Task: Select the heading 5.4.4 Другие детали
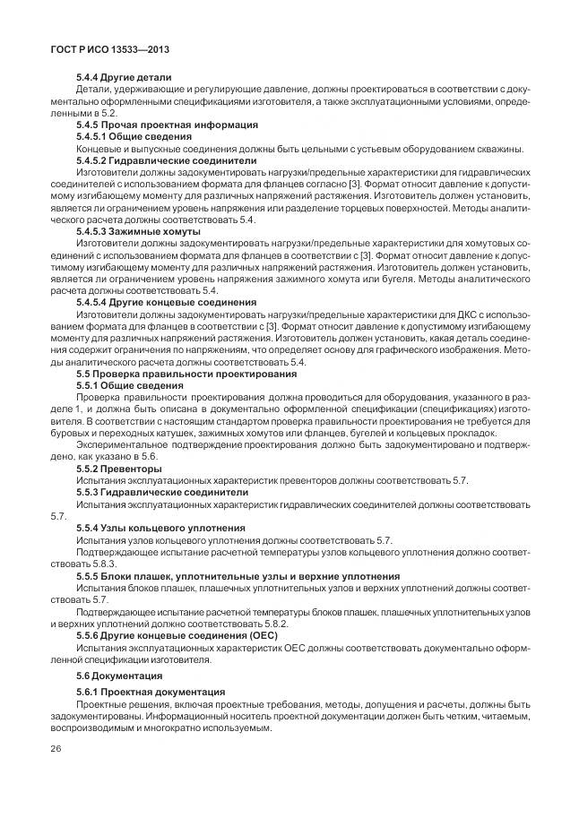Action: (x=124, y=79)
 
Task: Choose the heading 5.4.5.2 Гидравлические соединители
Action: (x=154, y=160)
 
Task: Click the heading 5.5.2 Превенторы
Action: (x=119, y=469)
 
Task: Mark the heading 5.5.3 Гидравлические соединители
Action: (x=149, y=492)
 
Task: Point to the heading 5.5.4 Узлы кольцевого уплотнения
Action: (x=148, y=528)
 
